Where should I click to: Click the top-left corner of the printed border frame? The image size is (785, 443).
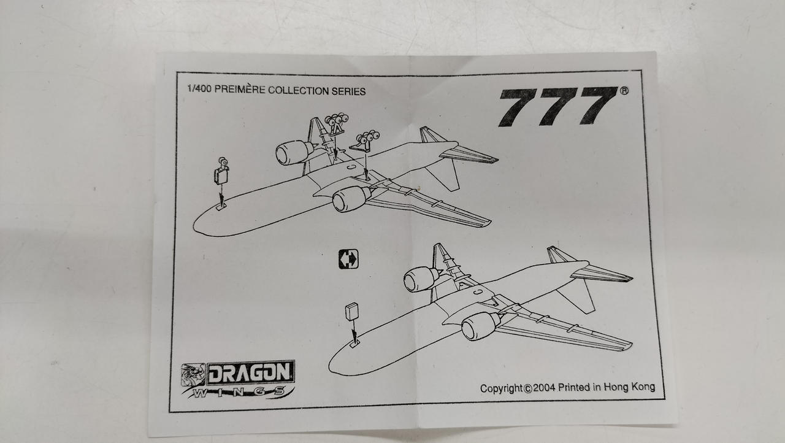[177, 72]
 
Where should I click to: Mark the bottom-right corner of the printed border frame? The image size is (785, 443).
[664, 399]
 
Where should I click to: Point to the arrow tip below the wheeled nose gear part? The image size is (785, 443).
[221, 207]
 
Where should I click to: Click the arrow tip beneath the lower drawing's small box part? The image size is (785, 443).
[355, 344]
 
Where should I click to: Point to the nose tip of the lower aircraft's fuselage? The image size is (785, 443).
[329, 366]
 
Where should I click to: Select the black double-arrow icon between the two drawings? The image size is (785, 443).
[348, 259]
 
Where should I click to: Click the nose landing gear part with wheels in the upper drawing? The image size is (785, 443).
[221, 171]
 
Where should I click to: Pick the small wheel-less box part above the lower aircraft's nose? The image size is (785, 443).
[352, 311]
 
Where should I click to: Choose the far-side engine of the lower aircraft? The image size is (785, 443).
[421, 279]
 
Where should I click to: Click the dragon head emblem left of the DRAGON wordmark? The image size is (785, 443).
[193, 375]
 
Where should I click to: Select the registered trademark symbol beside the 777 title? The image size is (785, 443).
[624, 91]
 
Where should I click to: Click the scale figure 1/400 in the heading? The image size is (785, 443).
[199, 88]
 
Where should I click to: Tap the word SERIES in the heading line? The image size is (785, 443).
[348, 91]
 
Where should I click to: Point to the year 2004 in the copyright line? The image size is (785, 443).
[544, 388]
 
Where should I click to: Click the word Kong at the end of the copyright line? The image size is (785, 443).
[643, 387]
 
